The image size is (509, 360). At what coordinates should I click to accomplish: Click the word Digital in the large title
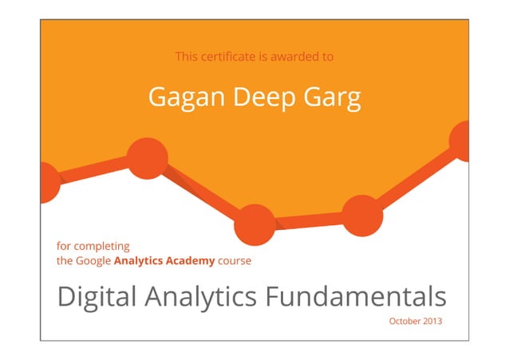(96, 297)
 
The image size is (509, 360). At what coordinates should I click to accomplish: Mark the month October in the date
(404, 321)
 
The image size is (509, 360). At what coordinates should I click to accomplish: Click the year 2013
(431, 321)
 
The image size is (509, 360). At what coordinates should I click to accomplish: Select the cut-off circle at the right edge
(460, 140)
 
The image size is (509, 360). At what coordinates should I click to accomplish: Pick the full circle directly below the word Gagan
(147, 158)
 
